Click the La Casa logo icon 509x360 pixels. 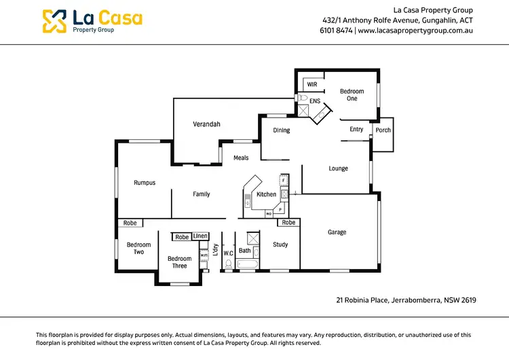click(x=54, y=21)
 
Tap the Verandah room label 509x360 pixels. click(x=206, y=124)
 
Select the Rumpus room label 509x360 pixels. click(x=145, y=183)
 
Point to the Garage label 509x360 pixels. click(x=337, y=232)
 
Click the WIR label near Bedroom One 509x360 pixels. click(x=312, y=85)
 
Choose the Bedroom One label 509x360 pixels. click(x=352, y=94)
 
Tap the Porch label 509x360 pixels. click(x=383, y=130)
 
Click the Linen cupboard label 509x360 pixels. click(x=200, y=236)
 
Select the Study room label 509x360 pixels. click(x=280, y=245)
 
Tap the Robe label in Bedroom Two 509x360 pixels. click(x=130, y=223)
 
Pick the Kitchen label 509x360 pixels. click(x=266, y=194)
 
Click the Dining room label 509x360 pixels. click(x=281, y=130)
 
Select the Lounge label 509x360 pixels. click(x=338, y=168)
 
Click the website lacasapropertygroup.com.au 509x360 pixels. click(x=415, y=31)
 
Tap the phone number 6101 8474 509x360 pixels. click(x=336, y=31)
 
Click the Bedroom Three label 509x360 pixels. click(x=180, y=262)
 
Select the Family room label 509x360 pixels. click(x=202, y=194)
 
